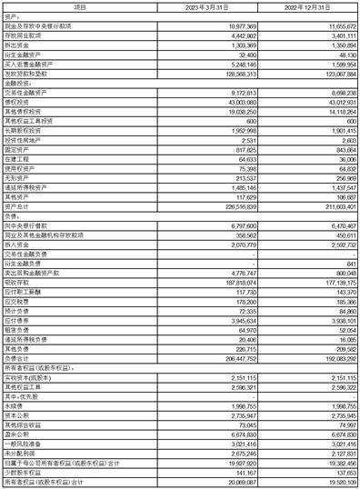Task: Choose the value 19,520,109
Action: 335,483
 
